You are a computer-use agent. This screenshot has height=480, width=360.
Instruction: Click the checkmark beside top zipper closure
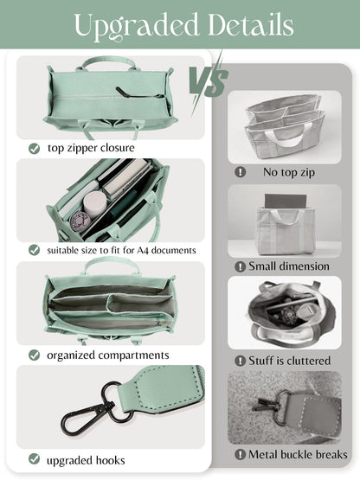coord(34,149)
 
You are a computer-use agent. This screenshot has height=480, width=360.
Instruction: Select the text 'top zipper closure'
coord(92,149)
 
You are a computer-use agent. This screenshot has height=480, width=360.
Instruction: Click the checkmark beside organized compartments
coord(34,355)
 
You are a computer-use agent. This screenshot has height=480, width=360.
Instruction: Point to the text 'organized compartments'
coord(108,355)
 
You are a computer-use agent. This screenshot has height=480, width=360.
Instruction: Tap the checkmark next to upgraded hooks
coord(34,458)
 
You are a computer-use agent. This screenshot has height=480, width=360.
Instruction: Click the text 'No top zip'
coord(289,172)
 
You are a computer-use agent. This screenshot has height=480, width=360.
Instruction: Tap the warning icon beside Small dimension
coord(241,266)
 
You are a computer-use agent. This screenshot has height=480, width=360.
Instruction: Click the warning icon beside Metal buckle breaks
coord(241,454)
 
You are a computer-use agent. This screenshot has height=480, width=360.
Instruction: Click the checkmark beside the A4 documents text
coord(34,250)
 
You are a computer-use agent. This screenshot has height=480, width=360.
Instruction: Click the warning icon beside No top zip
coord(241,172)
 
